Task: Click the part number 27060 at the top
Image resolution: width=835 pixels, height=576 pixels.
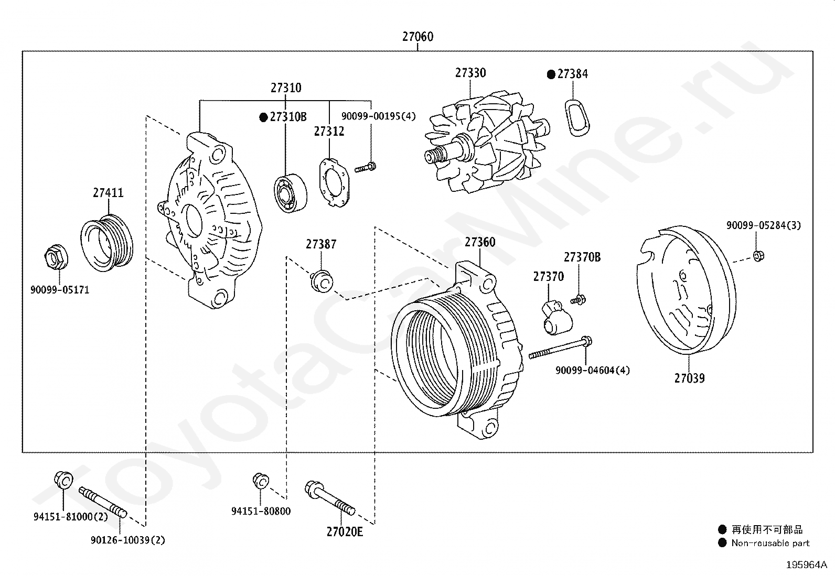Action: pyautogui.click(x=417, y=37)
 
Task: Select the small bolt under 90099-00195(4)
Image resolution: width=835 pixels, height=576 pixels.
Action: pyautogui.click(x=365, y=168)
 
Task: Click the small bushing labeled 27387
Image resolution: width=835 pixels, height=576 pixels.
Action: pyautogui.click(x=321, y=281)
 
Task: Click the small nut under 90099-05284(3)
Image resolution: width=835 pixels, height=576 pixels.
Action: pyautogui.click(x=757, y=256)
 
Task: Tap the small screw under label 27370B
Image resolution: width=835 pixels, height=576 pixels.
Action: pyautogui.click(x=578, y=300)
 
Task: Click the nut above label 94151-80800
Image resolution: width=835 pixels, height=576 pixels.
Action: pyautogui.click(x=260, y=481)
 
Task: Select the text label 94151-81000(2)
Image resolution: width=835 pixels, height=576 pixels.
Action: pyautogui.click(x=71, y=517)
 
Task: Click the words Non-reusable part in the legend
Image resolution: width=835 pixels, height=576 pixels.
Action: pyautogui.click(x=770, y=543)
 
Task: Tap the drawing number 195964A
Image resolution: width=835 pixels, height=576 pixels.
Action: pyautogui.click(x=806, y=565)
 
